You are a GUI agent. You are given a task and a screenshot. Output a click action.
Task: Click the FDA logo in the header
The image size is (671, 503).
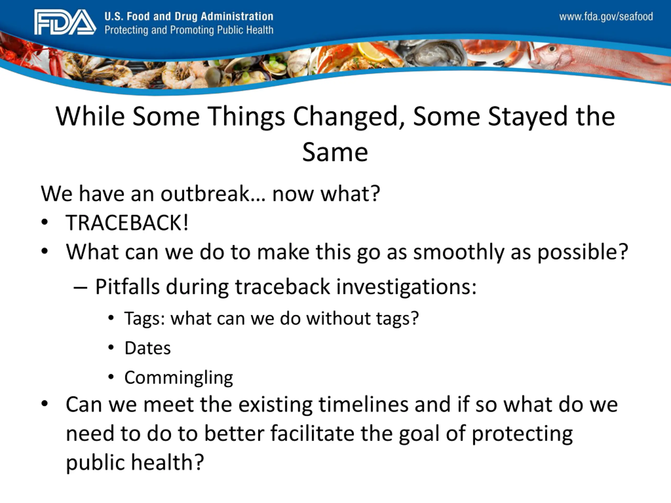pyautogui.click(x=65, y=22)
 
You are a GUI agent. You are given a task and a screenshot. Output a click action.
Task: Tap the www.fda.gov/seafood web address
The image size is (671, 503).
pyautogui.click(x=606, y=16)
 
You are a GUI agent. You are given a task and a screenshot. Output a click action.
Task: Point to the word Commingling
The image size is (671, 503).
pyautogui.click(x=179, y=378)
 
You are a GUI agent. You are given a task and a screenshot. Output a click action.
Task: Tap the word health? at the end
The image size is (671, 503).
pyautogui.click(x=167, y=462)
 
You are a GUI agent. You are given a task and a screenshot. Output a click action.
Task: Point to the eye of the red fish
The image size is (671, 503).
pyautogui.click(x=552, y=48)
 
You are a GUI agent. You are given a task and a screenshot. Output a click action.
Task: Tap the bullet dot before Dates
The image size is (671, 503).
pyautogui.click(x=111, y=347)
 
